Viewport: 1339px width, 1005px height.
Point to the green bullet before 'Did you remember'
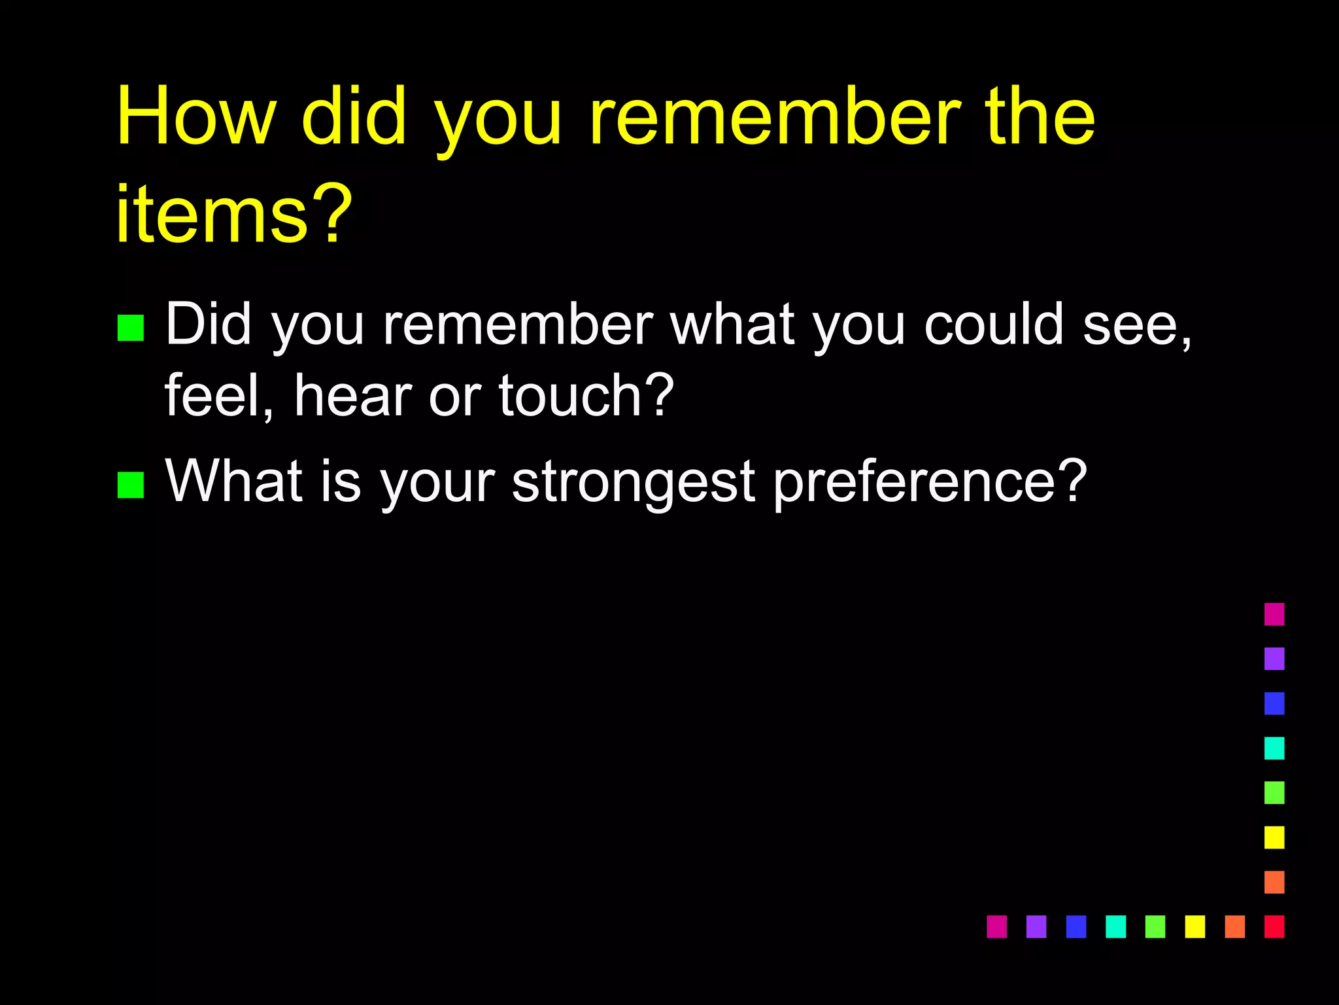[x=130, y=328]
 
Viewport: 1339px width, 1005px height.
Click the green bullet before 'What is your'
[x=130, y=485]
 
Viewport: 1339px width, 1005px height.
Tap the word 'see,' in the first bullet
[x=1138, y=327]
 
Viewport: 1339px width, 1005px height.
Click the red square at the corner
[x=1274, y=926]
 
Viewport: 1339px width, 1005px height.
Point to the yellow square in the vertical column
[x=1274, y=837]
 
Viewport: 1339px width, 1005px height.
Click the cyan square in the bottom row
[x=1115, y=926]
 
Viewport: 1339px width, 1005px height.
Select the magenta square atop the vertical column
[x=1274, y=614]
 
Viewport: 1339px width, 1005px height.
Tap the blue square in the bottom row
[x=1076, y=926]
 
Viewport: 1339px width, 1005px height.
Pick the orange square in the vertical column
[x=1274, y=881]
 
